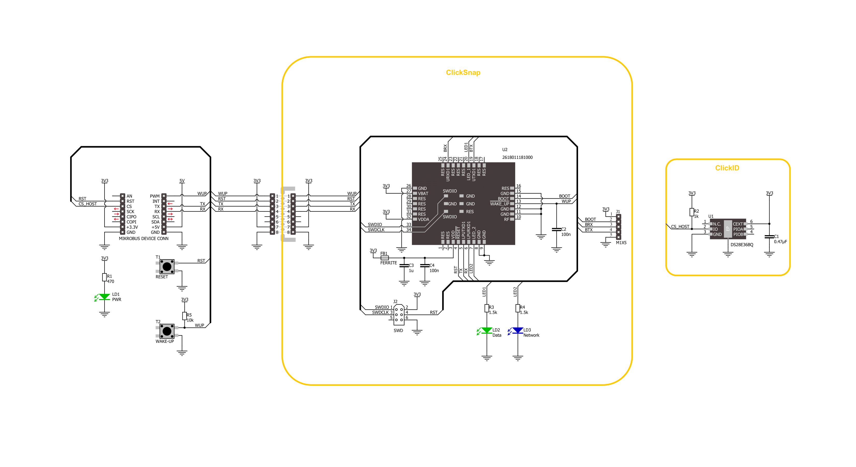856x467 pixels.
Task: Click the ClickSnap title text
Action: [x=463, y=72]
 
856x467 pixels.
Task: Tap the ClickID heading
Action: [x=727, y=168]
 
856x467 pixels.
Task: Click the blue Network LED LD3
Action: [x=517, y=330]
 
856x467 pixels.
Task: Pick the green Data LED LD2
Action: [x=486, y=330]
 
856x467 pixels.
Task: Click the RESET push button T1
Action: [x=167, y=266]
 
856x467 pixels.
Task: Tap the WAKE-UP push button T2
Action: [x=167, y=331]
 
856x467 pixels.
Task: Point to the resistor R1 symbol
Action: [x=104, y=277]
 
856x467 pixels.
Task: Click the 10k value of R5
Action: [x=190, y=320]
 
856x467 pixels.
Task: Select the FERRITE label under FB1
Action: [x=388, y=263]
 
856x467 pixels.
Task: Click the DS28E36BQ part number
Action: [x=742, y=245]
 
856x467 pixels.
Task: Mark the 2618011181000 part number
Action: [x=517, y=158]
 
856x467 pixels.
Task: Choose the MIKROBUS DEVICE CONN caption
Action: [x=144, y=239]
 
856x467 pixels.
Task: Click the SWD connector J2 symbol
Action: [x=399, y=315]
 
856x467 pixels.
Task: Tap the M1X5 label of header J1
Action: [x=621, y=243]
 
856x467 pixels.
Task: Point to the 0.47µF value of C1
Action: [x=780, y=242]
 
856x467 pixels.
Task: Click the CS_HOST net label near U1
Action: [x=680, y=227]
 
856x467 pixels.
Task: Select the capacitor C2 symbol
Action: [x=556, y=229]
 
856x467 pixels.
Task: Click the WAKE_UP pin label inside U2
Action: [x=499, y=204]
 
